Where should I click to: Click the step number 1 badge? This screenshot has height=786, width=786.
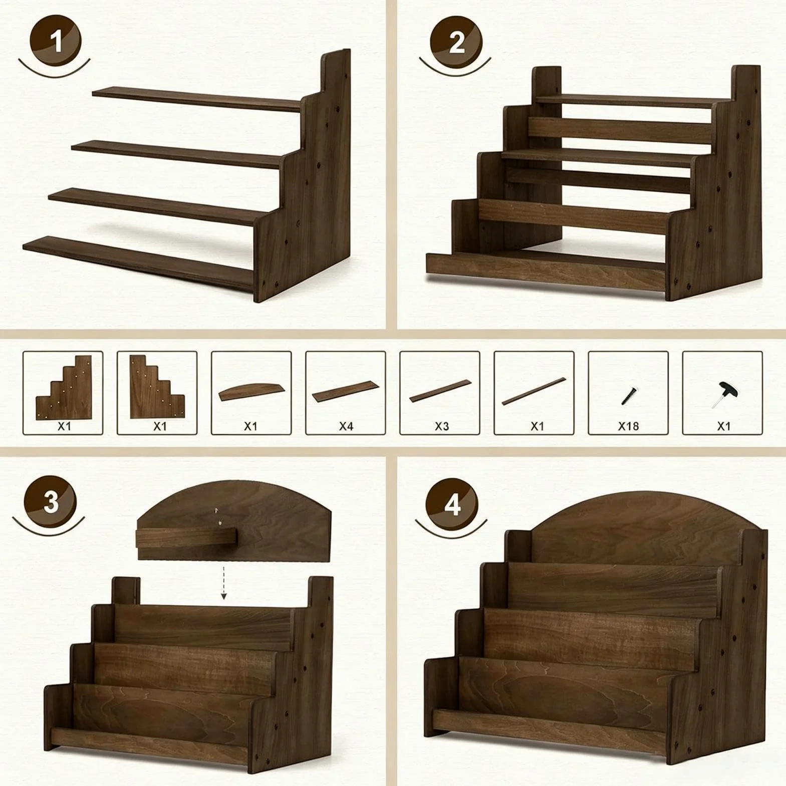(x=56, y=41)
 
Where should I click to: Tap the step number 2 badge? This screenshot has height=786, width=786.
(x=456, y=42)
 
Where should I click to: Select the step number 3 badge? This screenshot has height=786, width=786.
(x=51, y=501)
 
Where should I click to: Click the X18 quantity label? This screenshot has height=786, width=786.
(x=628, y=426)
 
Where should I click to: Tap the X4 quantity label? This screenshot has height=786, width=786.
(x=346, y=426)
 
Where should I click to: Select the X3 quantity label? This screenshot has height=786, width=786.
(x=441, y=426)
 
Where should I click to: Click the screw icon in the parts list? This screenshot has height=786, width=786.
(x=628, y=395)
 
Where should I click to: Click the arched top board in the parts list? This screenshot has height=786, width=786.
(x=251, y=392)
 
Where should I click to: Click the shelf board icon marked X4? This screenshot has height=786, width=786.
(x=346, y=392)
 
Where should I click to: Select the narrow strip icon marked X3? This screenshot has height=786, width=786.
(x=440, y=391)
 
